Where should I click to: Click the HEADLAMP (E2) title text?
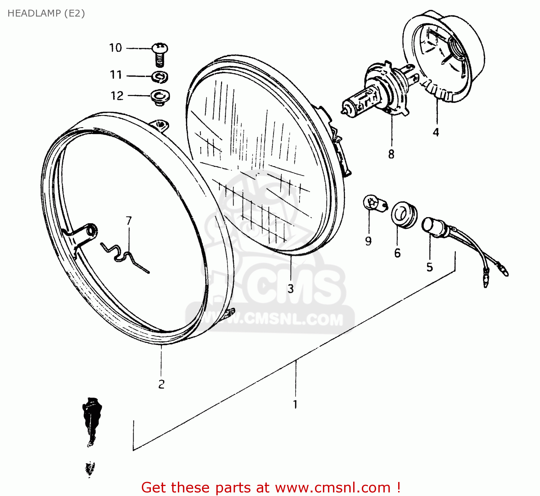coord(46,13)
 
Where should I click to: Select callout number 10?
coord(116,48)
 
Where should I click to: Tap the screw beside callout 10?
coord(160,54)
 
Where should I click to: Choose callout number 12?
coord(117,96)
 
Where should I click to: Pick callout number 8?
coord(391,154)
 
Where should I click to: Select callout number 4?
coord(436,132)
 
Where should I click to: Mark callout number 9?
coord(368,241)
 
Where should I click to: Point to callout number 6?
coord(397,253)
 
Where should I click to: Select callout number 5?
coord(429,267)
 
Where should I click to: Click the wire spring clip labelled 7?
coord(124,255)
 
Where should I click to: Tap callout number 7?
coord(129,221)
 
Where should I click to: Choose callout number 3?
coord(291,289)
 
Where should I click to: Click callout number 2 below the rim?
coord(161,384)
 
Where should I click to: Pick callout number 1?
coord(295,404)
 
